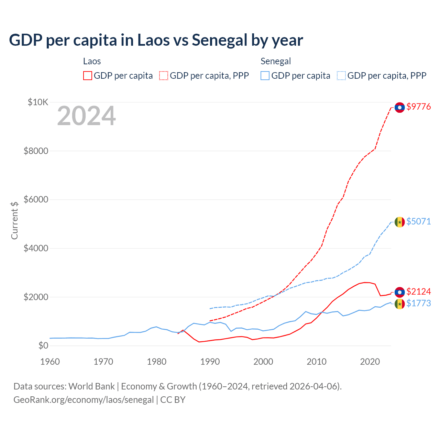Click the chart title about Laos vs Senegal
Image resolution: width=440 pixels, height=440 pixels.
point(156,40)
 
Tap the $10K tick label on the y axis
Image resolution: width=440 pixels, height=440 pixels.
point(38,102)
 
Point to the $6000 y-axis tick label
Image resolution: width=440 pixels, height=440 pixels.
point(36,199)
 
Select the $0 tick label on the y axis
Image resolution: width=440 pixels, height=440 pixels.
point(43,345)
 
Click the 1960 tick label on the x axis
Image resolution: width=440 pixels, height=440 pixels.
point(50,362)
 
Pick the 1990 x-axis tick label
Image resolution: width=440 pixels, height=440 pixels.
point(210,362)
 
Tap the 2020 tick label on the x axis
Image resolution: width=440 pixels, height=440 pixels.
point(370,362)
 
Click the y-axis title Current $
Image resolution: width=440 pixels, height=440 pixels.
point(14,220)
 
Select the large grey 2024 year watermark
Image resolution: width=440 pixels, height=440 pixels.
point(87,116)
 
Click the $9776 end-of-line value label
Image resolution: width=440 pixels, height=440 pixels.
point(418,107)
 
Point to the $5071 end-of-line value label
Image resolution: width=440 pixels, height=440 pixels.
point(418,222)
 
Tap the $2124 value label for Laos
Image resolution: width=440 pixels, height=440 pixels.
point(418,292)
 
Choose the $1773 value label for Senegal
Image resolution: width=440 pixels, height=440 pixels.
point(418,304)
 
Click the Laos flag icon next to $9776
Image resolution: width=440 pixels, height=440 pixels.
point(399,108)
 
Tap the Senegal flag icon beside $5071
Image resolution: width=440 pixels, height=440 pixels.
point(399,222)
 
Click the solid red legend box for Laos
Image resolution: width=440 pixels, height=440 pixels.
point(88,76)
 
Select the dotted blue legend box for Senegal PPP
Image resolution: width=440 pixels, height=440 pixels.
point(341,76)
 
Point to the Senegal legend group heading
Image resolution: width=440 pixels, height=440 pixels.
point(276,61)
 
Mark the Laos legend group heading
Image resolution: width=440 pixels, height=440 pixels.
point(92,61)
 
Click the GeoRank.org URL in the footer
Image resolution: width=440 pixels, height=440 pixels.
point(84,400)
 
